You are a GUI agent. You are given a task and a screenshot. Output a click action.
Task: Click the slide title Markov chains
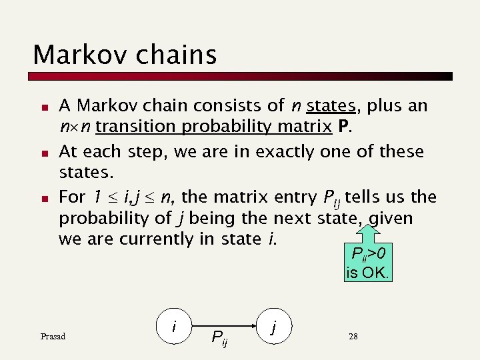tap(125, 54)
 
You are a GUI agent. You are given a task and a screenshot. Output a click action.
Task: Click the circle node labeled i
tap(175, 326)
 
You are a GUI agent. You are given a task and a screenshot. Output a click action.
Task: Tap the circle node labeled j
tap(274, 326)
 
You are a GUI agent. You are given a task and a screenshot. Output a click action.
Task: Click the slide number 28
tap(353, 337)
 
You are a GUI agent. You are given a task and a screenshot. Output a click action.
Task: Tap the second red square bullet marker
tap(43, 153)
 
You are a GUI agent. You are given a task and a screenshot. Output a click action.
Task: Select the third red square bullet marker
tap(43, 199)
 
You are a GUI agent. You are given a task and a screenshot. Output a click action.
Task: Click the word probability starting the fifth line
tap(101, 219)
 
